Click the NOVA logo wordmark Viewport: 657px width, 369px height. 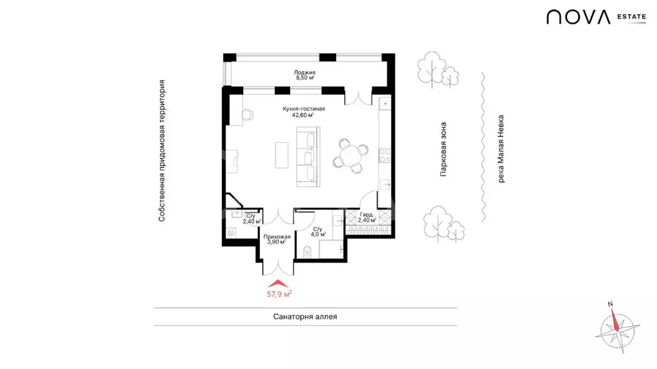[x=578, y=17]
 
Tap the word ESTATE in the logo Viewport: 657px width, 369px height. [x=631, y=17]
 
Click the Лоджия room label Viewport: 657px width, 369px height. [x=305, y=72]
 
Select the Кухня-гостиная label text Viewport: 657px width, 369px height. [x=303, y=109]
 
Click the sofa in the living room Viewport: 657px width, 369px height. [x=308, y=156]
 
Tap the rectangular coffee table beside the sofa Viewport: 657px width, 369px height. [x=282, y=155]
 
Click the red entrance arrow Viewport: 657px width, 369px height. [x=278, y=284]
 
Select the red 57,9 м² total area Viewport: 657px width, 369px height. [x=279, y=293]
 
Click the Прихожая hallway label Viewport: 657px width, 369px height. [x=277, y=237]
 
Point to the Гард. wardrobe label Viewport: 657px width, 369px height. [x=366, y=215]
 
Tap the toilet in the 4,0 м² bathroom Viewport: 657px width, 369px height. [x=307, y=251]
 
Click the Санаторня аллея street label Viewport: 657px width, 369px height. [x=305, y=316]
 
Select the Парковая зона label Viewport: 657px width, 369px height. [x=443, y=149]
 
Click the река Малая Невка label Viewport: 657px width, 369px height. [x=500, y=149]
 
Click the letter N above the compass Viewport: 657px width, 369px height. [x=611, y=304]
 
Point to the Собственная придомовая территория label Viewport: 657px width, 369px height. [x=162, y=151]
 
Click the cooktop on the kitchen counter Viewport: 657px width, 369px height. [x=385, y=156]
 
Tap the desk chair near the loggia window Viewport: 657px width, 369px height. [x=248, y=114]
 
